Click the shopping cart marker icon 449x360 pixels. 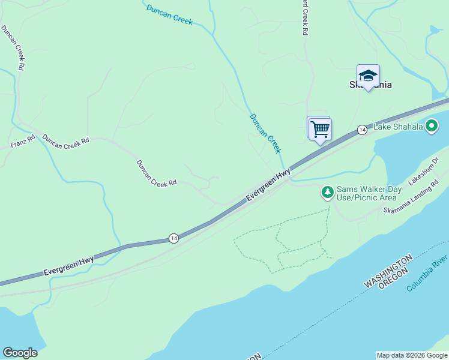point(321,128)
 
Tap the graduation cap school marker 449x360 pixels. point(368,76)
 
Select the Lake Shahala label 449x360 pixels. point(398,127)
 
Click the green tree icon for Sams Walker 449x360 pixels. point(327,193)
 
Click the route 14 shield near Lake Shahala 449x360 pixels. point(362,130)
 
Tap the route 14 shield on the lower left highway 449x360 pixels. point(173,238)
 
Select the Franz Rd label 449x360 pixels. point(23,142)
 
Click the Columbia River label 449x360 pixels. point(427,273)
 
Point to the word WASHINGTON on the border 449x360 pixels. point(388,271)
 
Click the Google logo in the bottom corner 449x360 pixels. point(20,353)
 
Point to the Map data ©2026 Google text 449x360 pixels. point(412,355)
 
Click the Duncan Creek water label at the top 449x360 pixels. point(170,14)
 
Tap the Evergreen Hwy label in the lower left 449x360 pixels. point(68,267)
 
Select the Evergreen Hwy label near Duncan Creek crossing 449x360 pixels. point(268,185)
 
